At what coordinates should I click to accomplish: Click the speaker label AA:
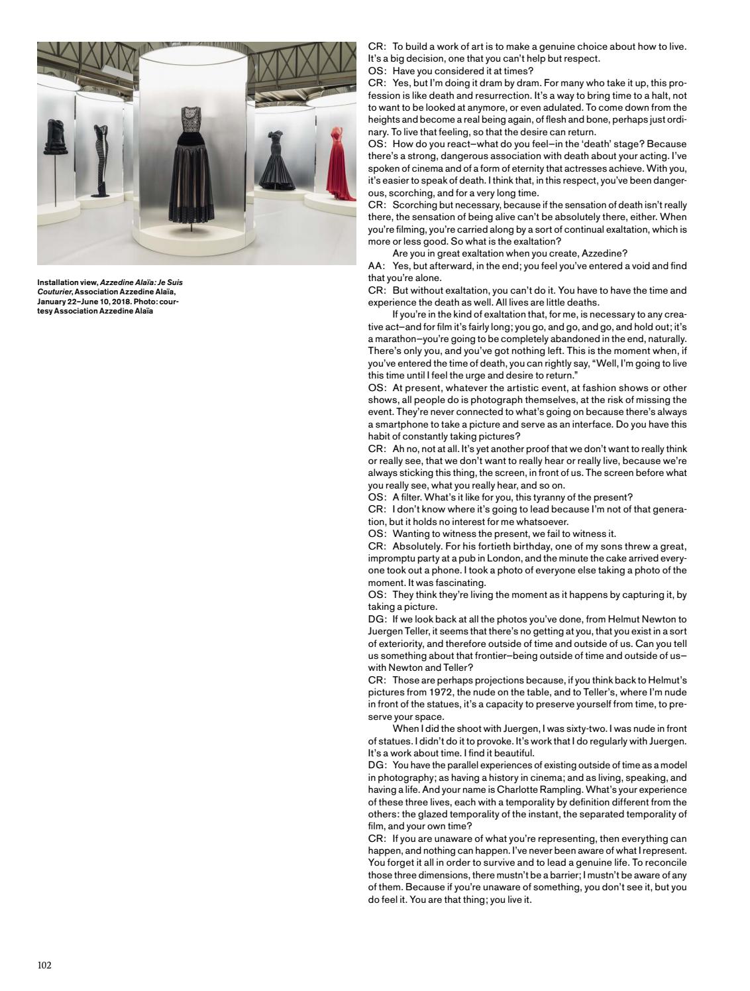(x=376, y=266)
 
